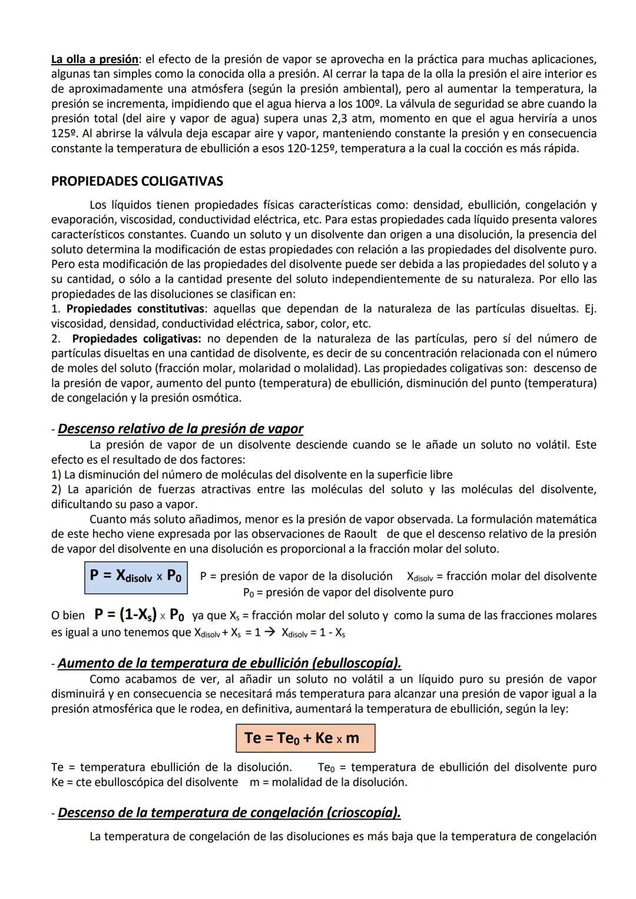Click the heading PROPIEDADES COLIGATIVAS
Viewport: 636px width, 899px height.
137,181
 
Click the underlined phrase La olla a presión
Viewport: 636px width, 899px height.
94,59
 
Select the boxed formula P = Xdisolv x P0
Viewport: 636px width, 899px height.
135,576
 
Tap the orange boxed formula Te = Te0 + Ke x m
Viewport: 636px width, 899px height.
305,738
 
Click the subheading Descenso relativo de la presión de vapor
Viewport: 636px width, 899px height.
180,429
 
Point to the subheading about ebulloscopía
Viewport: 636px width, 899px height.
229,663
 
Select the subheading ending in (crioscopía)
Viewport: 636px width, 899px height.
229,812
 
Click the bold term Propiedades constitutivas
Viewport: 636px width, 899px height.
135,308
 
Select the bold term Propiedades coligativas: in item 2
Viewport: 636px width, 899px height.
137,339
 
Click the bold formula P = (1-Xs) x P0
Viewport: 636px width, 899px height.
139,615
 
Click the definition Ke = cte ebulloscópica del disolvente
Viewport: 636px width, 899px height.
144,782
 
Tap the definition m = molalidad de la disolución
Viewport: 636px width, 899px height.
328,782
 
